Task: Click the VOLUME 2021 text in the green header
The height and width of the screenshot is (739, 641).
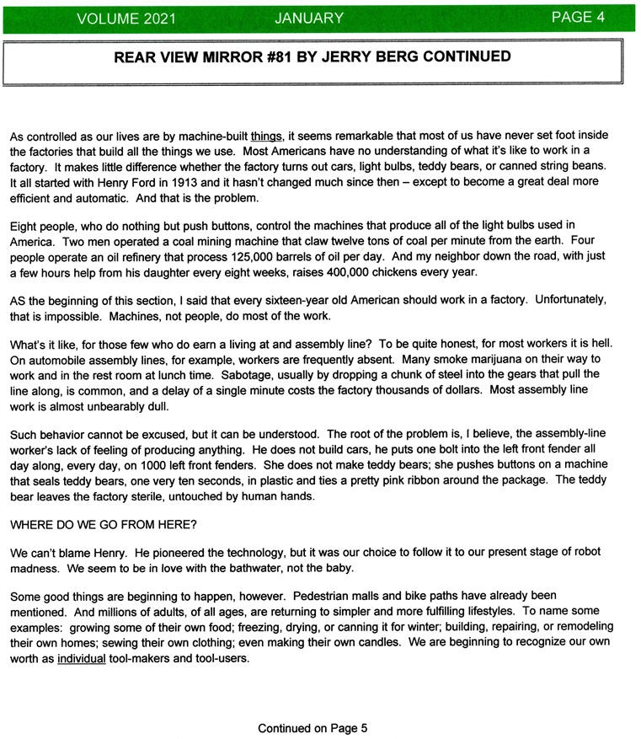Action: (127, 19)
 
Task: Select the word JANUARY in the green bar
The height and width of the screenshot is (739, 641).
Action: (309, 19)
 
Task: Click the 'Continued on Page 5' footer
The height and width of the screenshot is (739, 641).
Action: (312, 728)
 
